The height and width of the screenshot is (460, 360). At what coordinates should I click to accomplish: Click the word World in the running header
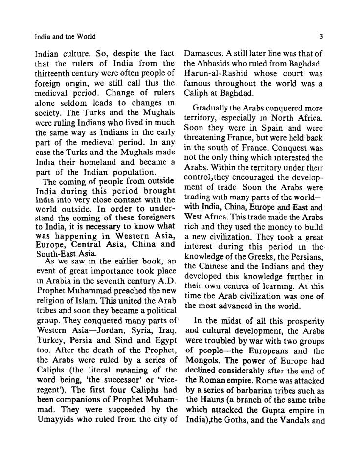click(x=86, y=36)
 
